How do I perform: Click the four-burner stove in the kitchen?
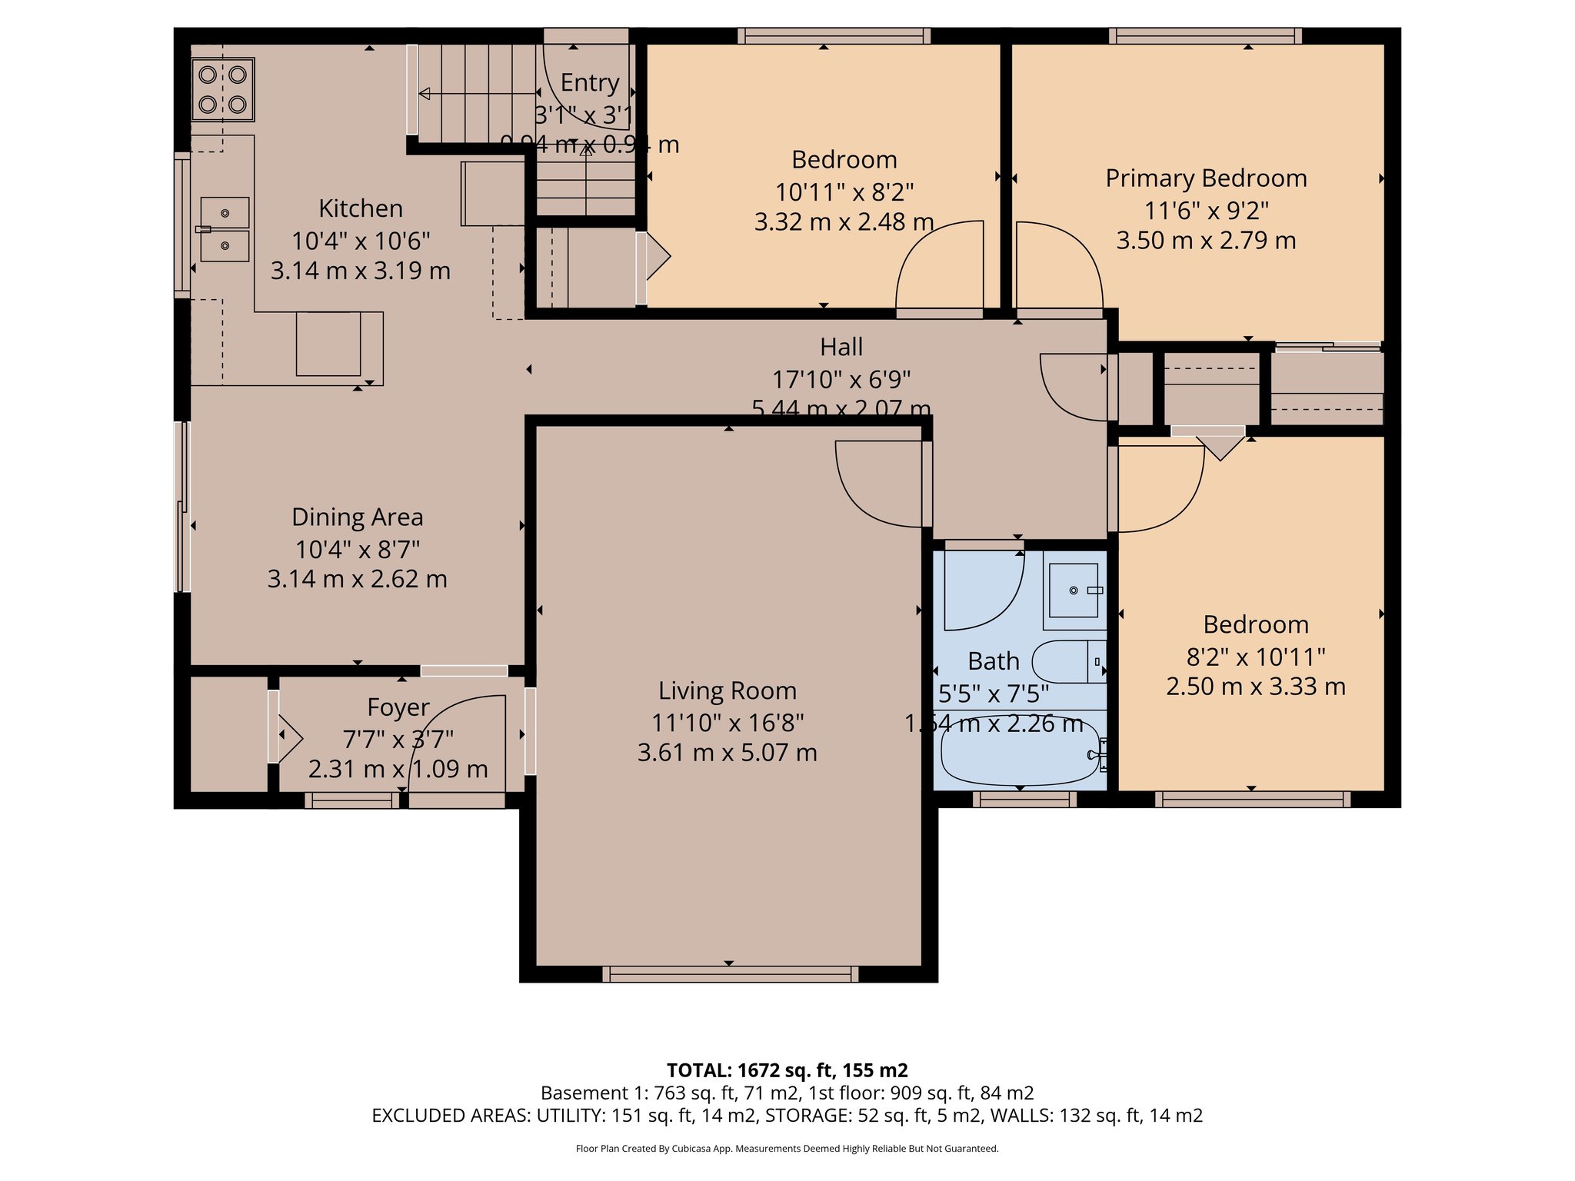click(222, 89)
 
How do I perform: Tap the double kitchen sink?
click(225, 229)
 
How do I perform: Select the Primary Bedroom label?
click(1206, 178)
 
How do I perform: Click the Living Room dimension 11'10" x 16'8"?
click(728, 723)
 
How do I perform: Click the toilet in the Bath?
click(1065, 661)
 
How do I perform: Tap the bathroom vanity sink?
click(1074, 590)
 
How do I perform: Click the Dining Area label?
click(357, 517)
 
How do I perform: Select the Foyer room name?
click(398, 707)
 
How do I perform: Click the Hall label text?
click(841, 348)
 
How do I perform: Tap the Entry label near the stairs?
click(590, 83)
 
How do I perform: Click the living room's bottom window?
click(729, 974)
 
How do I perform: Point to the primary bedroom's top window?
click(1205, 35)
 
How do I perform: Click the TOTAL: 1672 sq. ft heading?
click(787, 1070)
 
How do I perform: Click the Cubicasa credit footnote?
click(787, 1149)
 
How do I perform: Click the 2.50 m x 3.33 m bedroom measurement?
click(1255, 687)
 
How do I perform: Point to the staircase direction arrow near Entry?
click(477, 94)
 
